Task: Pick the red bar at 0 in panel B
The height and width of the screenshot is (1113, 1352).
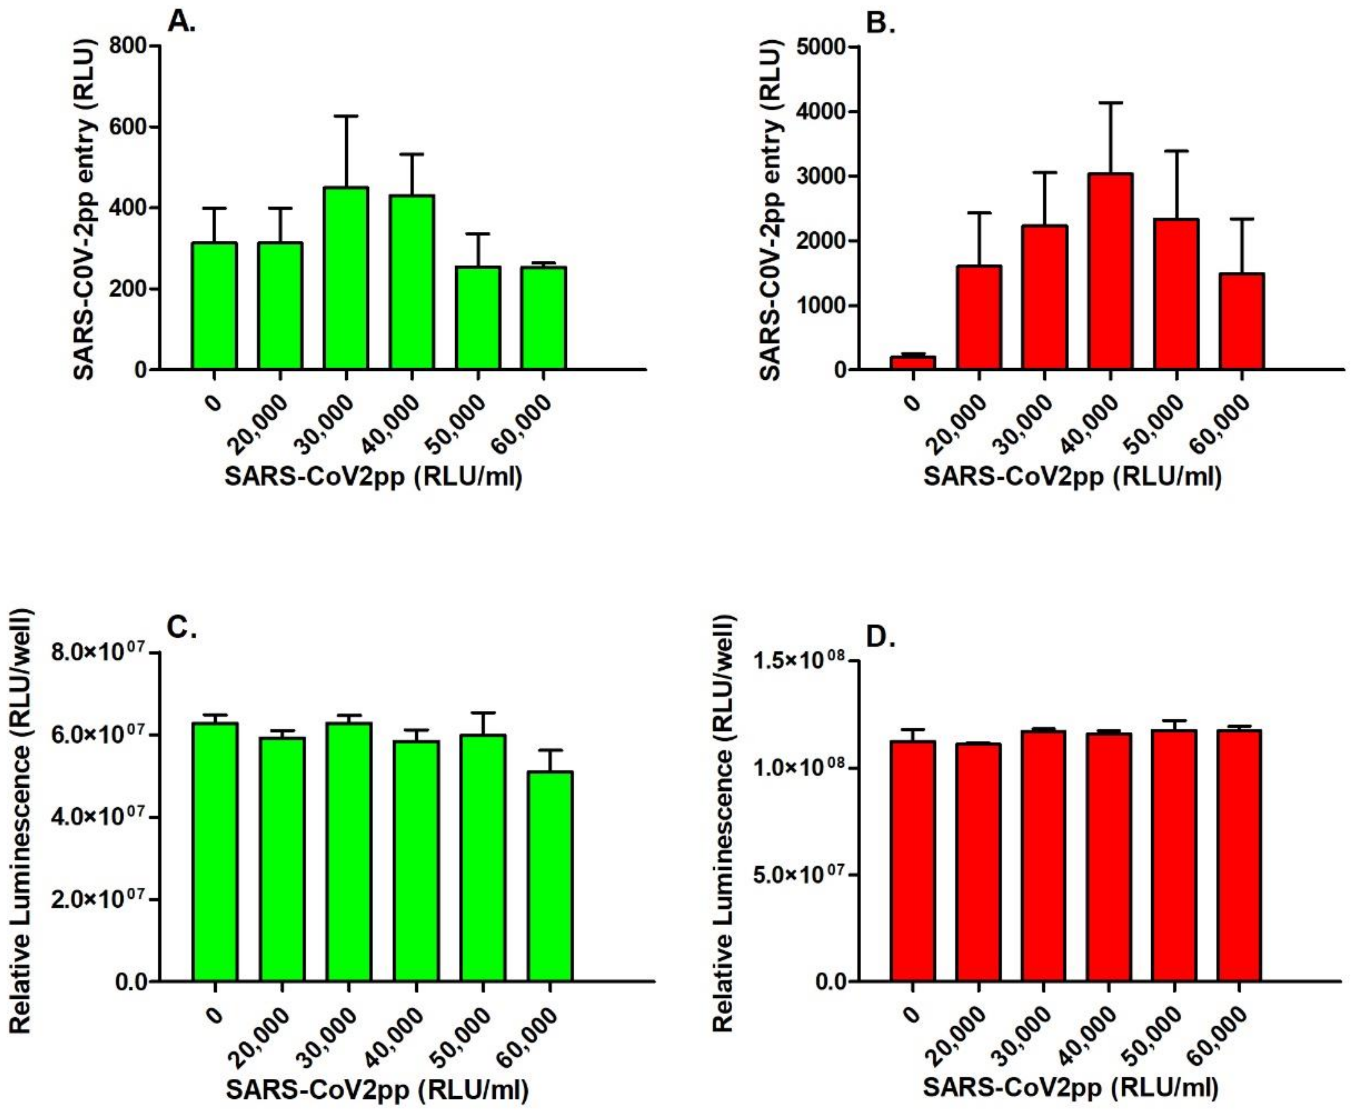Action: click(913, 362)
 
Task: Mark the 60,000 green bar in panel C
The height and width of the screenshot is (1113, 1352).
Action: click(550, 876)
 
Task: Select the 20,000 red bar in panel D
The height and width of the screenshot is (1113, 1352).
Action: click(979, 862)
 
